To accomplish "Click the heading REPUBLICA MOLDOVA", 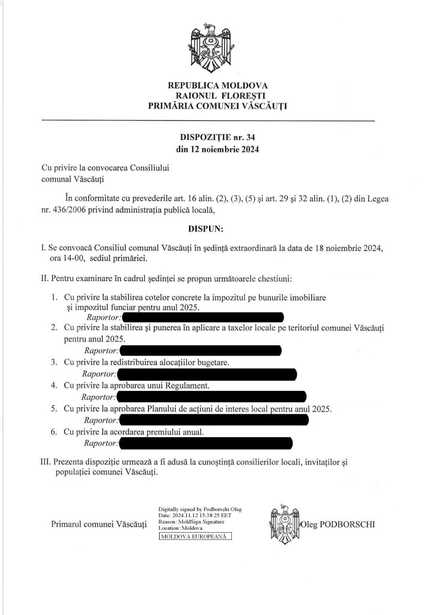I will [218, 85].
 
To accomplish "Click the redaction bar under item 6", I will [206, 444].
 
